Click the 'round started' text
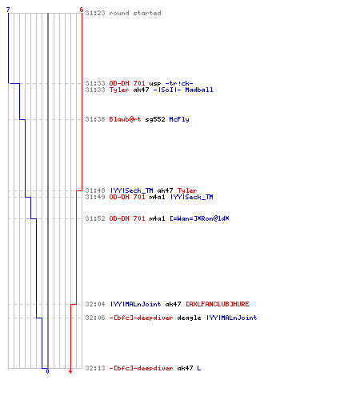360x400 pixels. (x=135, y=13)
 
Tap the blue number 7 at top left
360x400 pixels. (x=8, y=10)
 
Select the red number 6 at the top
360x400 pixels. (x=82, y=10)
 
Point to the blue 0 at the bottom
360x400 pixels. (x=47, y=371)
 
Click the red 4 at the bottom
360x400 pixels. (x=70, y=371)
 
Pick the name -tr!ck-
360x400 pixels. (x=179, y=83)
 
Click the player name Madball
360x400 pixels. (x=199, y=90)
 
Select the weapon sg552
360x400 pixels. (x=155, y=119)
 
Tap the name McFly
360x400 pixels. (x=179, y=119)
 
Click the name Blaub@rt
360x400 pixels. (x=125, y=119)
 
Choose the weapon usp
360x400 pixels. (x=155, y=84)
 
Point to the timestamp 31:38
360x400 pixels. (x=95, y=119)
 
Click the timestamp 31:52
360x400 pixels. (x=95, y=218)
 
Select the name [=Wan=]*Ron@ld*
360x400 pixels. (x=199, y=218)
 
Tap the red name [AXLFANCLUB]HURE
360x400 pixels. (x=217, y=304)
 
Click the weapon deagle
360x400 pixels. (x=189, y=318)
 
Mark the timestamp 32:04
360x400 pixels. (x=95, y=304)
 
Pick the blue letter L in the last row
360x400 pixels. (x=199, y=368)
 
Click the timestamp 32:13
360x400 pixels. (x=95, y=368)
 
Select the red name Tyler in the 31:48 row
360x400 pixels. (x=187, y=190)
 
